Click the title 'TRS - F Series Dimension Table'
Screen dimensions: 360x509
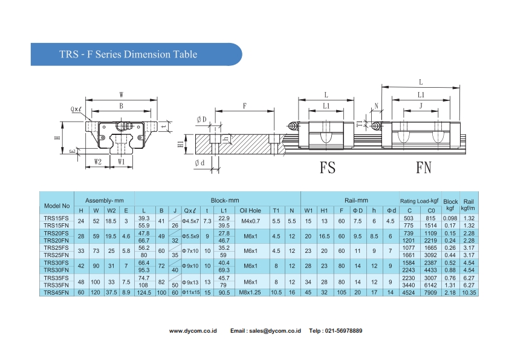(x=128, y=54)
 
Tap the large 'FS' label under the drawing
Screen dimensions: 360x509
(x=327, y=168)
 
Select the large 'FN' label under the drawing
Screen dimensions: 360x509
(x=423, y=168)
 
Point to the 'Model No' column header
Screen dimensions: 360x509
(x=57, y=205)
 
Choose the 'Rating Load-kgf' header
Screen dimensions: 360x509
(x=419, y=201)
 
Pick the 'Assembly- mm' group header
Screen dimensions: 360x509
(x=104, y=200)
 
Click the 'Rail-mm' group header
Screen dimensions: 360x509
(x=356, y=200)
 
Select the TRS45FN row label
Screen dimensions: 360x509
(x=57, y=293)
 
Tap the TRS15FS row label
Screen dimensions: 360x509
(x=57, y=218)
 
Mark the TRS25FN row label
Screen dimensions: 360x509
(x=57, y=255)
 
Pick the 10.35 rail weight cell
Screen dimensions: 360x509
(x=468, y=293)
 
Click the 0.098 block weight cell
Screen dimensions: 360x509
(x=450, y=218)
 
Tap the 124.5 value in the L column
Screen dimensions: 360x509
(x=144, y=293)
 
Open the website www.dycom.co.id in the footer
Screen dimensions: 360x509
(x=193, y=330)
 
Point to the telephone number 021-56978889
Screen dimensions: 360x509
(x=343, y=330)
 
